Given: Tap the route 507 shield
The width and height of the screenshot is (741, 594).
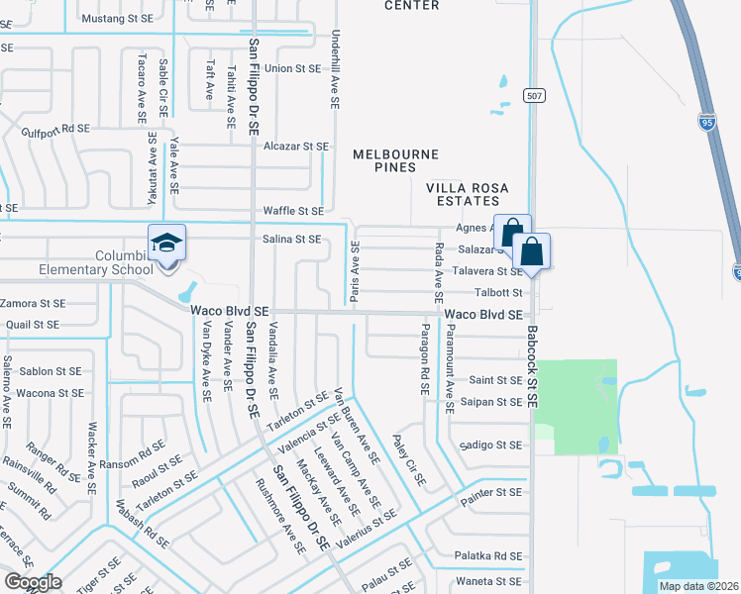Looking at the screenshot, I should click(534, 95).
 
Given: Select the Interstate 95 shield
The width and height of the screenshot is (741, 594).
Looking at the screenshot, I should click(706, 122).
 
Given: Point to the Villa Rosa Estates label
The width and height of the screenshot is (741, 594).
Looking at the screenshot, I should click(468, 194).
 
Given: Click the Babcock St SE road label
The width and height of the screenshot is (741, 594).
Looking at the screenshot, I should click(532, 368).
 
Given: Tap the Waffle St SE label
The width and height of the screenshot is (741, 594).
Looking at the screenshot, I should click(293, 211).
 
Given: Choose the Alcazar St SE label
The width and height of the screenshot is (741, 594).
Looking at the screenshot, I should click(295, 146).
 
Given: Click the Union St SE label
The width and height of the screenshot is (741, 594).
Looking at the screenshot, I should click(292, 69).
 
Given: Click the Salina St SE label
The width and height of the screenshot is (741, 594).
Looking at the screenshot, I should click(291, 239).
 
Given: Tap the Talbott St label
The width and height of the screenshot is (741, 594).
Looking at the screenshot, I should click(497, 292).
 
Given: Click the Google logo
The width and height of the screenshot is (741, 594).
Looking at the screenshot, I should click(33, 582).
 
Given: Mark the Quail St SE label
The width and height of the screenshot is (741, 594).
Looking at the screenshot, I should click(33, 324).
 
